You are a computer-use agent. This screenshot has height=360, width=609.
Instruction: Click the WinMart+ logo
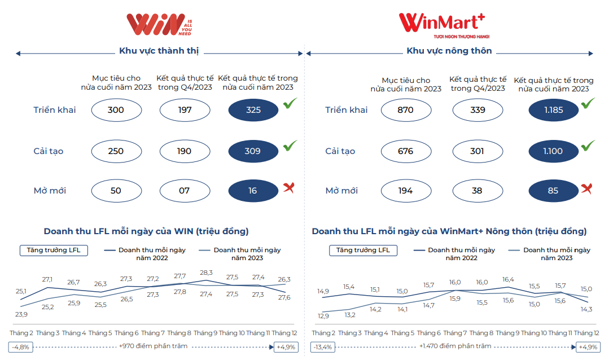click(441, 24)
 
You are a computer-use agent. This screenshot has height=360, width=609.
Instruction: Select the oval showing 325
click(253, 110)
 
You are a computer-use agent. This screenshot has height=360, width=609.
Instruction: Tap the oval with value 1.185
click(553, 110)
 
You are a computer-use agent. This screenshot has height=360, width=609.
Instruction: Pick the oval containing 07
click(185, 191)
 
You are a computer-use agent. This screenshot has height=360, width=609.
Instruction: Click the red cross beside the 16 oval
click(289, 188)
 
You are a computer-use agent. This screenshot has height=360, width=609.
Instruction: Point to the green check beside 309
click(290, 146)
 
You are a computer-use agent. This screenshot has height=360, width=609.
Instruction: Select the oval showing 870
click(405, 110)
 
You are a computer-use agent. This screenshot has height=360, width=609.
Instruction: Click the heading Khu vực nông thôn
click(449, 51)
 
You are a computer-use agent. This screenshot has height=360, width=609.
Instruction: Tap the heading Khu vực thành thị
click(159, 51)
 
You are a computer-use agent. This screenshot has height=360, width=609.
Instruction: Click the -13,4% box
click(323, 346)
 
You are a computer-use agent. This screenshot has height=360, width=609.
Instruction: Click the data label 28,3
click(207, 273)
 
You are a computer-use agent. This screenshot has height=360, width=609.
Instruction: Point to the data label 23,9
click(21, 314)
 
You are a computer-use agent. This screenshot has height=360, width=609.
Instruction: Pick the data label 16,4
click(508, 279)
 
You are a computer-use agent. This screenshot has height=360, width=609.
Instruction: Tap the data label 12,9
click(323, 316)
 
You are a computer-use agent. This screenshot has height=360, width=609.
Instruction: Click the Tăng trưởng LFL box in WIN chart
click(54, 250)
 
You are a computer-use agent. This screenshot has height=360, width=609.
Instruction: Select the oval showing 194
click(405, 191)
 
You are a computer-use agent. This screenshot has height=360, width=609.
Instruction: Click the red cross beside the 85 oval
click(587, 188)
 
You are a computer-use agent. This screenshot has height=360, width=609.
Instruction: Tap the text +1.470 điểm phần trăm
click(455, 346)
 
